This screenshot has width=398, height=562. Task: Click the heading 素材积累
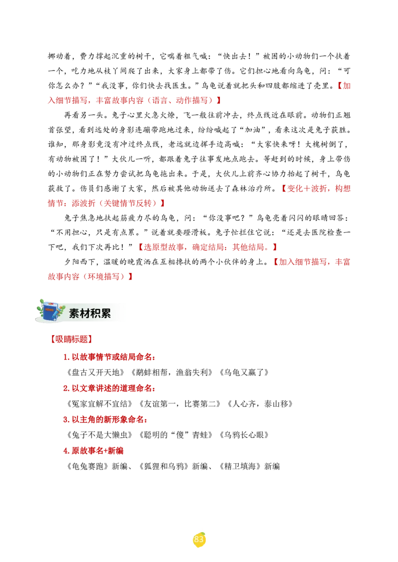point(90,313)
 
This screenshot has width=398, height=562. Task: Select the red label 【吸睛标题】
point(71,339)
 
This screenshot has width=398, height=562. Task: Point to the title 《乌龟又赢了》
point(244,372)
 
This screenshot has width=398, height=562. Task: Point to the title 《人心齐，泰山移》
point(260,404)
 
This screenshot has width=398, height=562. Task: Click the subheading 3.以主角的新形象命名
point(105,420)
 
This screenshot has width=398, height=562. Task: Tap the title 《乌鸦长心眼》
point(244,435)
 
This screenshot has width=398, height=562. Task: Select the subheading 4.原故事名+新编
point(94,451)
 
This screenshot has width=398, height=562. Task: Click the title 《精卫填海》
point(240,466)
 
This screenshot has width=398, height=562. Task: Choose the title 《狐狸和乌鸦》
point(164,466)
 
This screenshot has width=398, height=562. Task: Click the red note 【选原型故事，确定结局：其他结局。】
point(208,247)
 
